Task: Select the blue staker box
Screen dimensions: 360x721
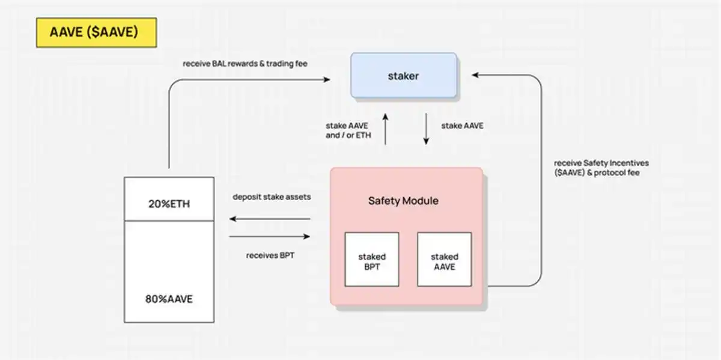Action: tap(403, 76)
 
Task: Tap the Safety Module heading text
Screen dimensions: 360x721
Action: tap(403, 201)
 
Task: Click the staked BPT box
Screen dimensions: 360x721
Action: tap(371, 259)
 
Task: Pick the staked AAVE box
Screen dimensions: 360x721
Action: tap(444, 259)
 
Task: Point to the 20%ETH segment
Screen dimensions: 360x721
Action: tap(169, 203)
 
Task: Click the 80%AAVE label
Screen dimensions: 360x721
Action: tap(169, 298)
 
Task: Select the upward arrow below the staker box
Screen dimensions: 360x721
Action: tap(385, 129)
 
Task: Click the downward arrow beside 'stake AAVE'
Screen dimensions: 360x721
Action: tap(426, 129)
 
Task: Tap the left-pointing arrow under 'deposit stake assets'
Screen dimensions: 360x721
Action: tap(269, 219)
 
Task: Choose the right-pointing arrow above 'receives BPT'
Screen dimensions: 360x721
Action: tap(269, 237)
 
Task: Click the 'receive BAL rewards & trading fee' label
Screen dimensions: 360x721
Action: tap(245, 64)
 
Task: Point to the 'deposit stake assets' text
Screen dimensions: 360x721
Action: tap(272, 197)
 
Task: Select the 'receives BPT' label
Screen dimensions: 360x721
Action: tap(270, 255)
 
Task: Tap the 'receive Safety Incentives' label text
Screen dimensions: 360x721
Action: tap(601, 163)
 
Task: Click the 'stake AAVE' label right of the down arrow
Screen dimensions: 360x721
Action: tap(461, 126)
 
